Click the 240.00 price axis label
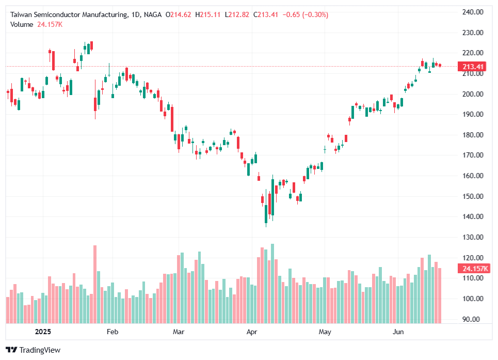click(x=472, y=12)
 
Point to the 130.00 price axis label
click(x=472, y=237)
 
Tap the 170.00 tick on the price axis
click(x=472, y=155)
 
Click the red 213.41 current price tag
click(x=473, y=67)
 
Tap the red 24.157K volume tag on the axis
click(x=473, y=269)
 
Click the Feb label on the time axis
click(x=113, y=332)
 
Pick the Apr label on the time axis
click(x=252, y=332)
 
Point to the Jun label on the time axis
click(x=398, y=332)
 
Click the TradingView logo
click(x=33, y=350)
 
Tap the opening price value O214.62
click(x=178, y=15)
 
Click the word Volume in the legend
click(x=22, y=24)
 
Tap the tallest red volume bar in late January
click(x=95, y=284)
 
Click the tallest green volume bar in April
click(x=272, y=283)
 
